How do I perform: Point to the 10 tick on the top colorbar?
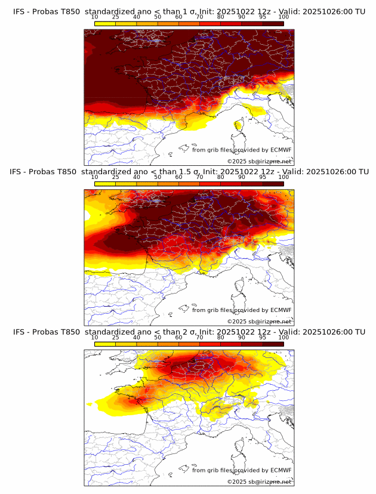(x=95, y=17)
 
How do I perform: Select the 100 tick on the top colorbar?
(x=283, y=17)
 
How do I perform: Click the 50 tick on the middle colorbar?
(x=158, y=177)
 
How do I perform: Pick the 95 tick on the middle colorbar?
(x=263, y=177)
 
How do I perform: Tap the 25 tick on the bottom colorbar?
(x=116, y=337)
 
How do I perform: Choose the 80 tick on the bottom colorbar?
(x=221, y=337)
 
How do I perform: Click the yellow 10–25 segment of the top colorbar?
(x=105, y=23)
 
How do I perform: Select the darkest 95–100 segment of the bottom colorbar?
(x=273, y=344)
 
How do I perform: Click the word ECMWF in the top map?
(x=281, y=150)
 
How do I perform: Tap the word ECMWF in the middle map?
(x=281, y=310)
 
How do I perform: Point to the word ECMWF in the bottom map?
(x=281, y=470)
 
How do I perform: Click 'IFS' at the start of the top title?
(x=20, y=11)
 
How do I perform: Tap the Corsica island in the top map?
(x=239, y=125)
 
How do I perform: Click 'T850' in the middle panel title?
(x=69, y=172)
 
